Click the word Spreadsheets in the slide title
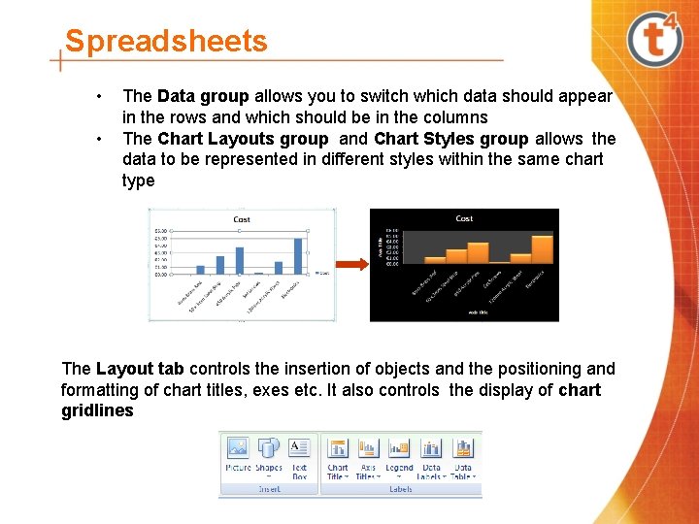point(165,42)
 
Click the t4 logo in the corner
point(656,40)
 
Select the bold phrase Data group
point(203,96)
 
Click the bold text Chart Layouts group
point(243,139)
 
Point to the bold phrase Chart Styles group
point(450,139)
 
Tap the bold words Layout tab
point(140,369)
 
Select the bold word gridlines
point(97,411)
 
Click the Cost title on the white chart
point(242,219)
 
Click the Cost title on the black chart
point(464,218)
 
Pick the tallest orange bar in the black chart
point(542,248)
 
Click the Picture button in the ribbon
point(238,456)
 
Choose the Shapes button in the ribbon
point(269,456)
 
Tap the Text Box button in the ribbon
point(299,456)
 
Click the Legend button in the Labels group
point(399,456)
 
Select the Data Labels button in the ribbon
point(431,456)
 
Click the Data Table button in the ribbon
point(463,456)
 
